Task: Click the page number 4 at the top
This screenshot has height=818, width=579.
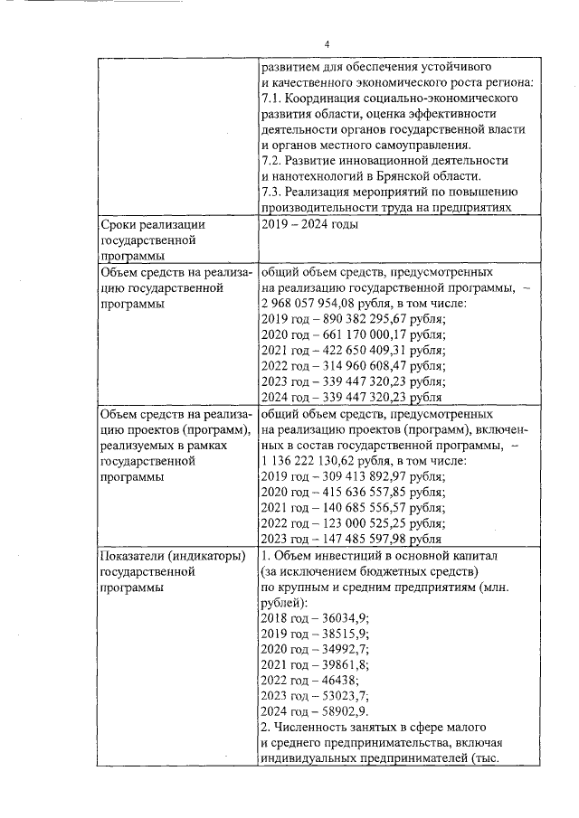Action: tap(327, 44)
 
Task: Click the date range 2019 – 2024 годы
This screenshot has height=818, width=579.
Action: tap(308, 223)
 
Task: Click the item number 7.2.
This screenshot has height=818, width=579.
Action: tap(271, 160)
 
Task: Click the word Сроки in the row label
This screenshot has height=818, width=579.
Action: tap(121, 223)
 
